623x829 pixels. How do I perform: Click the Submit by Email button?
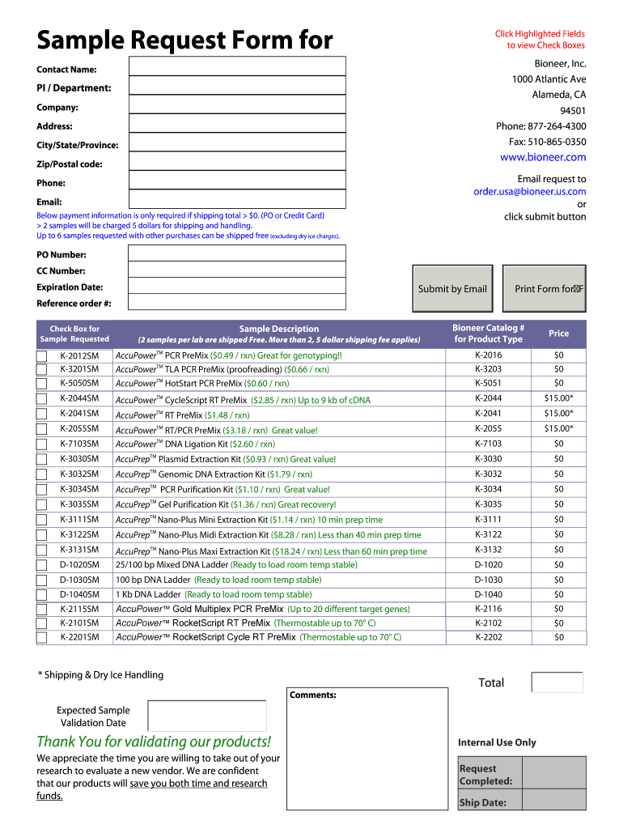451,289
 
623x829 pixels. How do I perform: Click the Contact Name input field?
237,66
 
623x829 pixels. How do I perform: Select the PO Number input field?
237,253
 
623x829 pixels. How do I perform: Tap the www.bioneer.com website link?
542,157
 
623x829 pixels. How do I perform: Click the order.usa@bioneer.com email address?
529,192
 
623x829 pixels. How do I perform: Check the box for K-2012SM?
42,355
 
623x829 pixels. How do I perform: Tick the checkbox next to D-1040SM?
42,594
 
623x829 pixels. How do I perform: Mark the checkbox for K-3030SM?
42,459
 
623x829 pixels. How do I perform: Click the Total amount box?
557,682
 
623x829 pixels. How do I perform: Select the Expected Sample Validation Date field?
207,716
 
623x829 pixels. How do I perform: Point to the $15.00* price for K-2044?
558,398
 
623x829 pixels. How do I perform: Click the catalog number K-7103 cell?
488,444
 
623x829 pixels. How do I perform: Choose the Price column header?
558,334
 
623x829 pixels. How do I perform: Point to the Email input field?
237,199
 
